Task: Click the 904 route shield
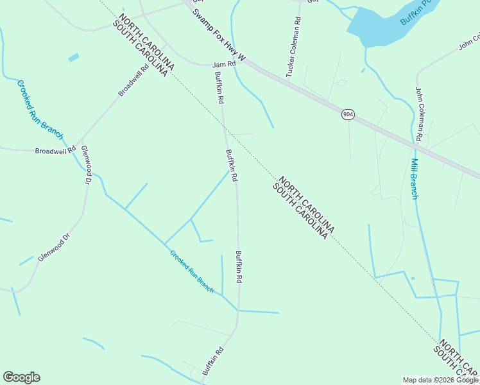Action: click(x=347, y=114)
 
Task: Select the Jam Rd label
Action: click(x=224, y=65)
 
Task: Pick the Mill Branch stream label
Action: click(x=415, y=178)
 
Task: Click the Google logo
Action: click(x=21, y=377)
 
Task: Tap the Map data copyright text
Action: click(x=440, y=380)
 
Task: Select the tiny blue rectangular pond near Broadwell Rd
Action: click(x=74, y=58)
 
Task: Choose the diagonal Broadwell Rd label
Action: click(x=133, y=80)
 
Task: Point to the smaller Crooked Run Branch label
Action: click(x=191, y=271)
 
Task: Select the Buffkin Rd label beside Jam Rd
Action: click(x=219, y=88)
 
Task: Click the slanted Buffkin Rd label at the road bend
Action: click(x=212, y=361)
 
